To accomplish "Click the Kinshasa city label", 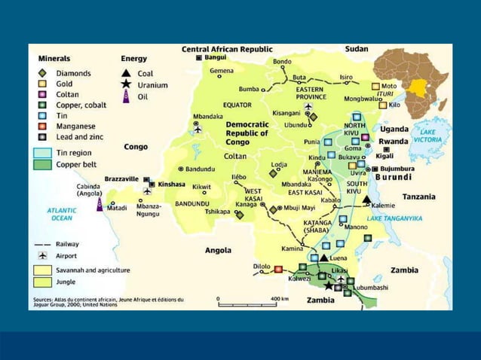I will [x=172, y=184].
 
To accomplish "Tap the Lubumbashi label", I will [x=372, y=287].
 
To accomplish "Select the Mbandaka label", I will [x=207, y=117].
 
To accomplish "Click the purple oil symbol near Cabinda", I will [x=99, y=204].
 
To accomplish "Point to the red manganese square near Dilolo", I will [x=278, y=269].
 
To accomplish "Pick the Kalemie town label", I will [x=383, y=205].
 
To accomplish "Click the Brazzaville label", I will [x=120, y=179].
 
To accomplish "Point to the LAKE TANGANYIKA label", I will [x=394, y=218].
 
